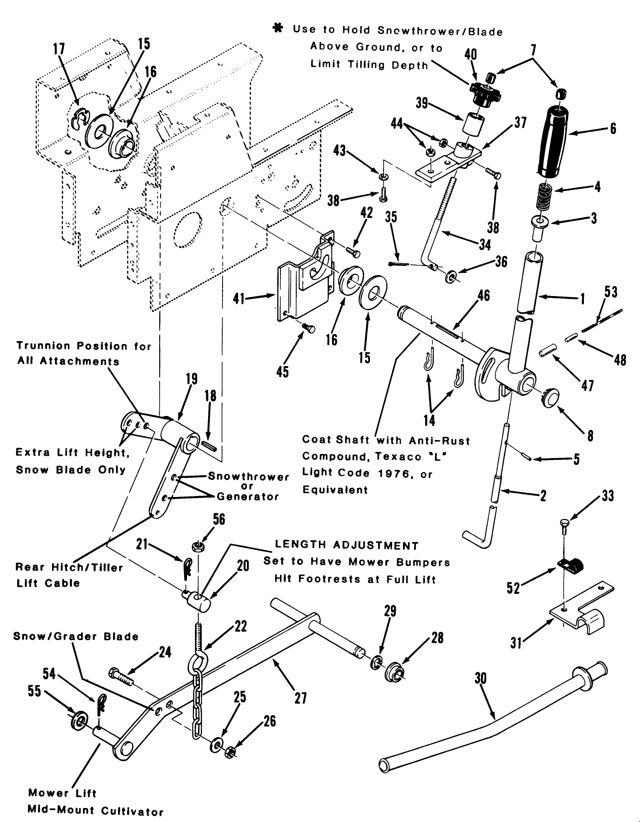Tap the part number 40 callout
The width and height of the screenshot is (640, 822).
[x=470, y=55]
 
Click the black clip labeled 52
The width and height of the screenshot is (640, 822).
[x=572, y=565]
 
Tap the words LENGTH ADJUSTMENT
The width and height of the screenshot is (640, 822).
[x=346, y=546]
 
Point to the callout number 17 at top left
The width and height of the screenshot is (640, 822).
[x=60, y=49]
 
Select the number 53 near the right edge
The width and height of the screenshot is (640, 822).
[x=611, y=292]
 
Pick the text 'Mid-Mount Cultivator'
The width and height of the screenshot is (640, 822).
[x=95, y=810]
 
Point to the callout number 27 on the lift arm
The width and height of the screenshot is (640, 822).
[x=301, y=698]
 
